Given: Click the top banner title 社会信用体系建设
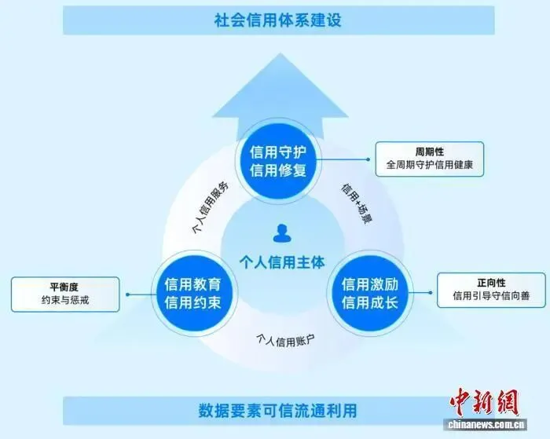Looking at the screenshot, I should click(277, 19).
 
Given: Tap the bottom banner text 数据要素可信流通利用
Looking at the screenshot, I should click(277, 411).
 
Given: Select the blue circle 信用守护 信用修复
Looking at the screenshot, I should click(277, 159).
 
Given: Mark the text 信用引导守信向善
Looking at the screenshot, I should click(491, 296).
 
